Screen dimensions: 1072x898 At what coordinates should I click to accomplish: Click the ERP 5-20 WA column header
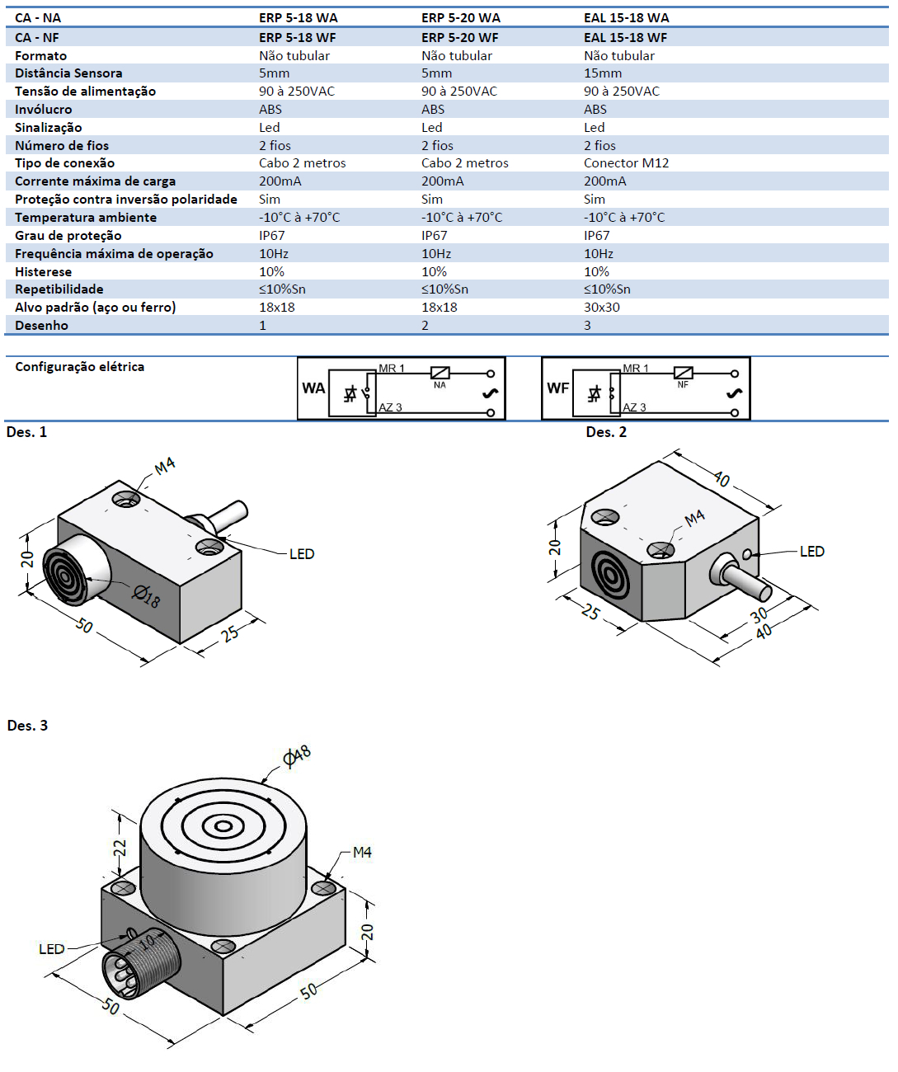pos(460,17)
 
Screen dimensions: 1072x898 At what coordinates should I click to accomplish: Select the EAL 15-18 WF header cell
pos(625,37)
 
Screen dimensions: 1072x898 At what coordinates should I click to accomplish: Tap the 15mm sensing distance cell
pos(603,73)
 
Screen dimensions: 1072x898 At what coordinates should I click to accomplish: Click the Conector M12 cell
pos(626,163)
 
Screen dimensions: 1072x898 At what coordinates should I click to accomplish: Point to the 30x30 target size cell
pos(602,307)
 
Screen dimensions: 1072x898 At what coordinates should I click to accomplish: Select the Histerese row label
pos(43,271)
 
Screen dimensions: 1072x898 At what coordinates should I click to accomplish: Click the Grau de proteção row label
pos(68,236)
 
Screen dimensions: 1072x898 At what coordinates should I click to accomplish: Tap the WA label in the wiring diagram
pos(313,388)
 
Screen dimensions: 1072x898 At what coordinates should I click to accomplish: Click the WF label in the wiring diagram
pos(557,388)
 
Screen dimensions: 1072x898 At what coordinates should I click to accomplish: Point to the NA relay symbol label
pos(440,385)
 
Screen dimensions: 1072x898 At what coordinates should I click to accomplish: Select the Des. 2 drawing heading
pos(606,432)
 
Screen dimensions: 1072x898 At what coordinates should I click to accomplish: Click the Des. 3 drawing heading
pos(27,726)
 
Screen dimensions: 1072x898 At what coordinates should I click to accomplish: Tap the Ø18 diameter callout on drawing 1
pos(146,595)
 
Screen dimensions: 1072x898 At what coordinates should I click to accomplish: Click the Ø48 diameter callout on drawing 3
pos(297,755)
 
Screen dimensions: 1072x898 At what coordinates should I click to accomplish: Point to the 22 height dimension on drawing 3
pos(120,848)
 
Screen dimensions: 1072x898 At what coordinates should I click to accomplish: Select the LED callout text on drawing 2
pos(811,551)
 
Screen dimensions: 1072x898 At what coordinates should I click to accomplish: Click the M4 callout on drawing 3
pos(362,852)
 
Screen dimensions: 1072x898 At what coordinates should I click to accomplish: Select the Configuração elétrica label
pos(79,366)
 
